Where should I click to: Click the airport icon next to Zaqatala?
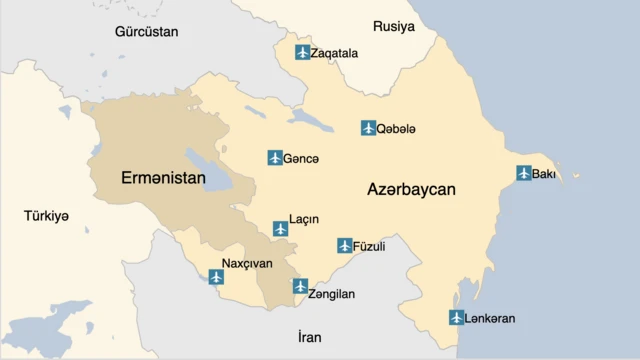302,52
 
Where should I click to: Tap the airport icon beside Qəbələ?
368,128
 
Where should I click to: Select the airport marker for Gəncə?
275,158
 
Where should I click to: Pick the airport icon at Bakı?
523,173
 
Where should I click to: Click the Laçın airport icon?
281,229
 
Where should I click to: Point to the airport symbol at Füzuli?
345,245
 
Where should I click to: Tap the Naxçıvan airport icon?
216,277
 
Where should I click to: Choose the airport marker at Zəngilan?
300,286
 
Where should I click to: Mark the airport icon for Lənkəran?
456,318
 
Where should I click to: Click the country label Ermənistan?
162,178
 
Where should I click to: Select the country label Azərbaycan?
411,189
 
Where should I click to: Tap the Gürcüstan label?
146,32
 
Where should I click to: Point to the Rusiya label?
393,26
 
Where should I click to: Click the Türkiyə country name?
47,215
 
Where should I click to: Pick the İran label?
309,337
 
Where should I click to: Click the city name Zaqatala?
334,53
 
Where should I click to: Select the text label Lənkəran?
491,318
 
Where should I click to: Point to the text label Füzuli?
370,245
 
